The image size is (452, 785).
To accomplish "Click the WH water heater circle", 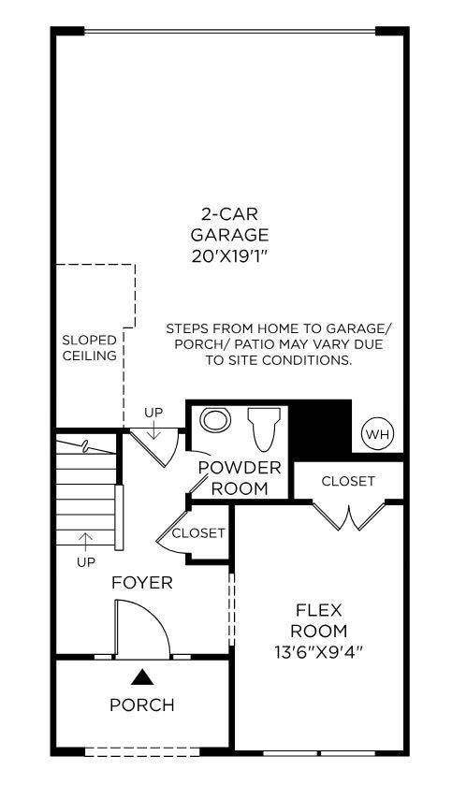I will click(377, 434).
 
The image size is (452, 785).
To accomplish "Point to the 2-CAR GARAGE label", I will click(229, 224).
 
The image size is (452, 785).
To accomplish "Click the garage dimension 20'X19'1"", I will click(229, 254).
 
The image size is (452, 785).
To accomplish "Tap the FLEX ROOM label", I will click(318, 620).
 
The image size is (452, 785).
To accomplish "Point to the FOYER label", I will click(142, 583).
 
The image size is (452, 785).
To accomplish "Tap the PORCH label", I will click(142, 705).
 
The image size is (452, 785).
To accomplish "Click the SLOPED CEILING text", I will click(90, 348).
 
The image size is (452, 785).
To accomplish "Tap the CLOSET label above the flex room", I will click(348, 481).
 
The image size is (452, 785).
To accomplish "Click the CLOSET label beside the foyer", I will click(198, 533).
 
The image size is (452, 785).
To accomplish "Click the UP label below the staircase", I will click(86, 562).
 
